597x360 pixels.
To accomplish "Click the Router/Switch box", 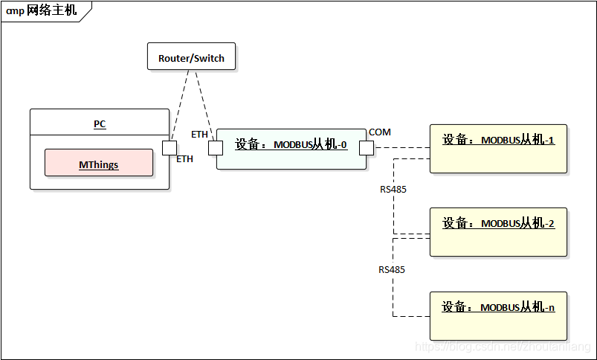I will point(191,57).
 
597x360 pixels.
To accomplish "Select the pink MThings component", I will point(99,163).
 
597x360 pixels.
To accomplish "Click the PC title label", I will point(100,124).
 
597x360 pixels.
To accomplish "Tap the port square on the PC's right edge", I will point(170,147).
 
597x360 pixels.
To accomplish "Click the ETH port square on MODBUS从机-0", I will point(216,147).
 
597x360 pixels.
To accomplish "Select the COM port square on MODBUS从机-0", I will point(366,147).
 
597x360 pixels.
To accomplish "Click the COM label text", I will point(379,132).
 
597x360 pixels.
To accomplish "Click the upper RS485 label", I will point(393,190).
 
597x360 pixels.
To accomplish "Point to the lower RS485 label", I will point(392,269).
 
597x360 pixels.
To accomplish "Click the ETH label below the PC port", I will point(184,159).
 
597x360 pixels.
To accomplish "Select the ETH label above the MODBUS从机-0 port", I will point(199,135).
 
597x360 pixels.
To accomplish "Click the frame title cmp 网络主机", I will point(42,11).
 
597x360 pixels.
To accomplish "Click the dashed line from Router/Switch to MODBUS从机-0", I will point(202,104).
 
